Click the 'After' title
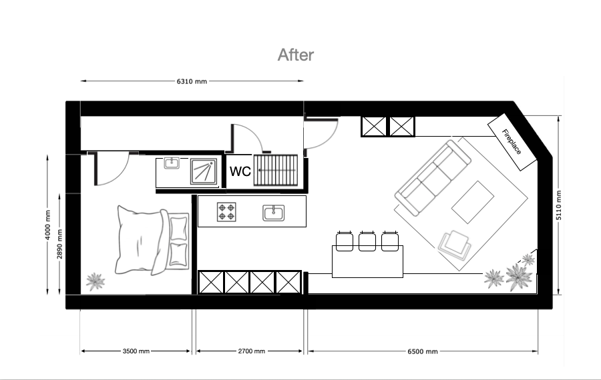[296, 55]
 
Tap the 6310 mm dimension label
[192, 81]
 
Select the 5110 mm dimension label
[559, 205]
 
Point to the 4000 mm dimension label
[47, 225]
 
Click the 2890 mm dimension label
[59, 244]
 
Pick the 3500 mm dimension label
[136, 351]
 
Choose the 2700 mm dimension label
[252, 351]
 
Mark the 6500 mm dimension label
[423, 351]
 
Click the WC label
[240, 171]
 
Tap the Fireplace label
[512, 141]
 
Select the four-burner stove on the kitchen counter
[226, 212]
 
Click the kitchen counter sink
[274, 213]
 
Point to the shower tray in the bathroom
[204, 171]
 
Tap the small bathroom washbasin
[172, 163]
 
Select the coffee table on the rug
[473, 202]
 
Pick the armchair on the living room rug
[455, 245]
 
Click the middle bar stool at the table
[367, 241]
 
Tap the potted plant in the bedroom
[95, 281]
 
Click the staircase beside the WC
[276, 170]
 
